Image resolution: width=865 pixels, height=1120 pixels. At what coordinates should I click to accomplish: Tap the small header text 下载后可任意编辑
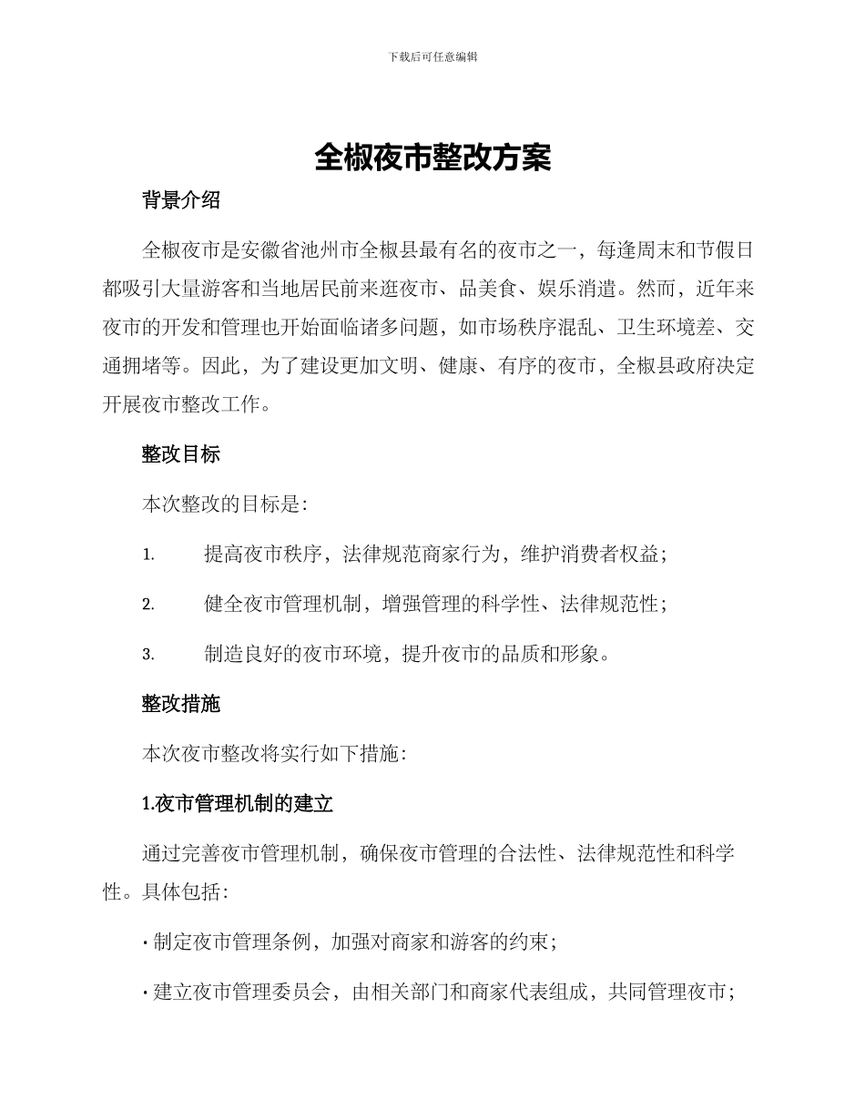pos(432,56)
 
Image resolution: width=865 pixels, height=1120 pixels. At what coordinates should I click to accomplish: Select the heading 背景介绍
pos(181,201)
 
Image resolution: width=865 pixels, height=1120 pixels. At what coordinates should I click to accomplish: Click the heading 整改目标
pos(181,454)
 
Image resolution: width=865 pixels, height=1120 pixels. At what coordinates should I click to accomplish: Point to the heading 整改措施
pos(181,704)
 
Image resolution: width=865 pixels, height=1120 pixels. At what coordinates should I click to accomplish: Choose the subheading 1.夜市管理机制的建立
pos(239,804)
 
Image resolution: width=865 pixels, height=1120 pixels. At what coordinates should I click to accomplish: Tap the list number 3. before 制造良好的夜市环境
pos(148,655)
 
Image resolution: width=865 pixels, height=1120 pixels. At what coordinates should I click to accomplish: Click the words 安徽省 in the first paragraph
pos(270,249)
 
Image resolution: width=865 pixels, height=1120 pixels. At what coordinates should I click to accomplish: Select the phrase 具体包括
pos(179,893)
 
